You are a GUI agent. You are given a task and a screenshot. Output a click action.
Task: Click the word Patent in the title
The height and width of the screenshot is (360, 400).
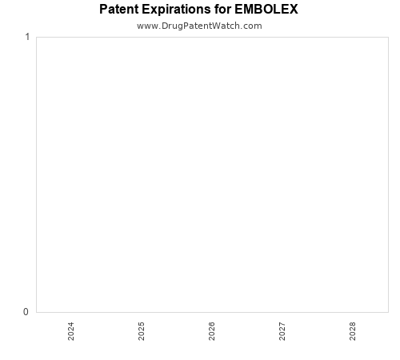[119, 10]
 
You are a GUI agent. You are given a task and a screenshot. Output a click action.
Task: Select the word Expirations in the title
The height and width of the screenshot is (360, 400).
[179, 10]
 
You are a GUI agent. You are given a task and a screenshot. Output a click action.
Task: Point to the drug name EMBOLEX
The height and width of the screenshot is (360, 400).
[267, 10]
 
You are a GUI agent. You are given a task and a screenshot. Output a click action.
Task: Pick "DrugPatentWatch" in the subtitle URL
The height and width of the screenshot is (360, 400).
[199, 26]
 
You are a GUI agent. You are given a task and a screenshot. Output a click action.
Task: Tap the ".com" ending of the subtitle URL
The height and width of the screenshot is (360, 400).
[251, 26]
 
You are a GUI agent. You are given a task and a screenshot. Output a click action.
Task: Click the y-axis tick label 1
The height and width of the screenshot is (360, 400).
[27, 37]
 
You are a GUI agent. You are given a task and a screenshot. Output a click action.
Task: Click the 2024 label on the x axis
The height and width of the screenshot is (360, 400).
[71, 331]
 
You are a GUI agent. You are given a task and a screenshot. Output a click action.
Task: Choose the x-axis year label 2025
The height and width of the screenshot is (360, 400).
[142, 331]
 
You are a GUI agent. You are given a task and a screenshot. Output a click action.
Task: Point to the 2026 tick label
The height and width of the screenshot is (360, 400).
[212, 331]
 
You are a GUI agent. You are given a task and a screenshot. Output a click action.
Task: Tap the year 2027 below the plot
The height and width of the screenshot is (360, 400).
[282, 331]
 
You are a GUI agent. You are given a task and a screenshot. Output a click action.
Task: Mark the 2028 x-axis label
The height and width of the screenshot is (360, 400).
[353, 331]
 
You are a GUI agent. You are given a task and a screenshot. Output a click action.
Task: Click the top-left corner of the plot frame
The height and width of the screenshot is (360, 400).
[36, 37]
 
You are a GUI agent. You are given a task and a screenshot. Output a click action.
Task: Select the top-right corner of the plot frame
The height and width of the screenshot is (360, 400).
[387, 37]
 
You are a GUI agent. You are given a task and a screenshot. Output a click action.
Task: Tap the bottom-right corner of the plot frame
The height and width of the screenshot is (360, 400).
[387, 312]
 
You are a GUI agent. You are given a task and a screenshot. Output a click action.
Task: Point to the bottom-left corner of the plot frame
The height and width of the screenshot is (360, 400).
[36, 312]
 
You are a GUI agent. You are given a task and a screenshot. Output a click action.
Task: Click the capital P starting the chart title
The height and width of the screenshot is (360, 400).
[104, 10]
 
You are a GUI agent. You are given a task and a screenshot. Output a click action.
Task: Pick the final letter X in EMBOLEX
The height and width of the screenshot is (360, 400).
[294, 10]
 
